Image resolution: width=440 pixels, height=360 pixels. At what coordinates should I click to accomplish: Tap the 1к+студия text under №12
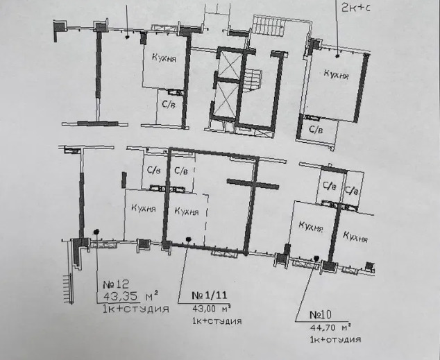(135, 309)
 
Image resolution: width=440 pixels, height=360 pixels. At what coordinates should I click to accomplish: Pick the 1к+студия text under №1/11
(217, 321)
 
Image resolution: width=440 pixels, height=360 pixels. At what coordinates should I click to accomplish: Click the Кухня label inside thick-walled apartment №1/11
(187, 211)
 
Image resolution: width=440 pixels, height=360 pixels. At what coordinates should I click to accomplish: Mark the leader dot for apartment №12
(96, 232)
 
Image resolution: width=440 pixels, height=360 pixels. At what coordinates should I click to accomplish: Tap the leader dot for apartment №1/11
(189, 240)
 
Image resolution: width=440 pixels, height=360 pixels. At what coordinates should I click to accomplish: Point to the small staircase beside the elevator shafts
(255, 78)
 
